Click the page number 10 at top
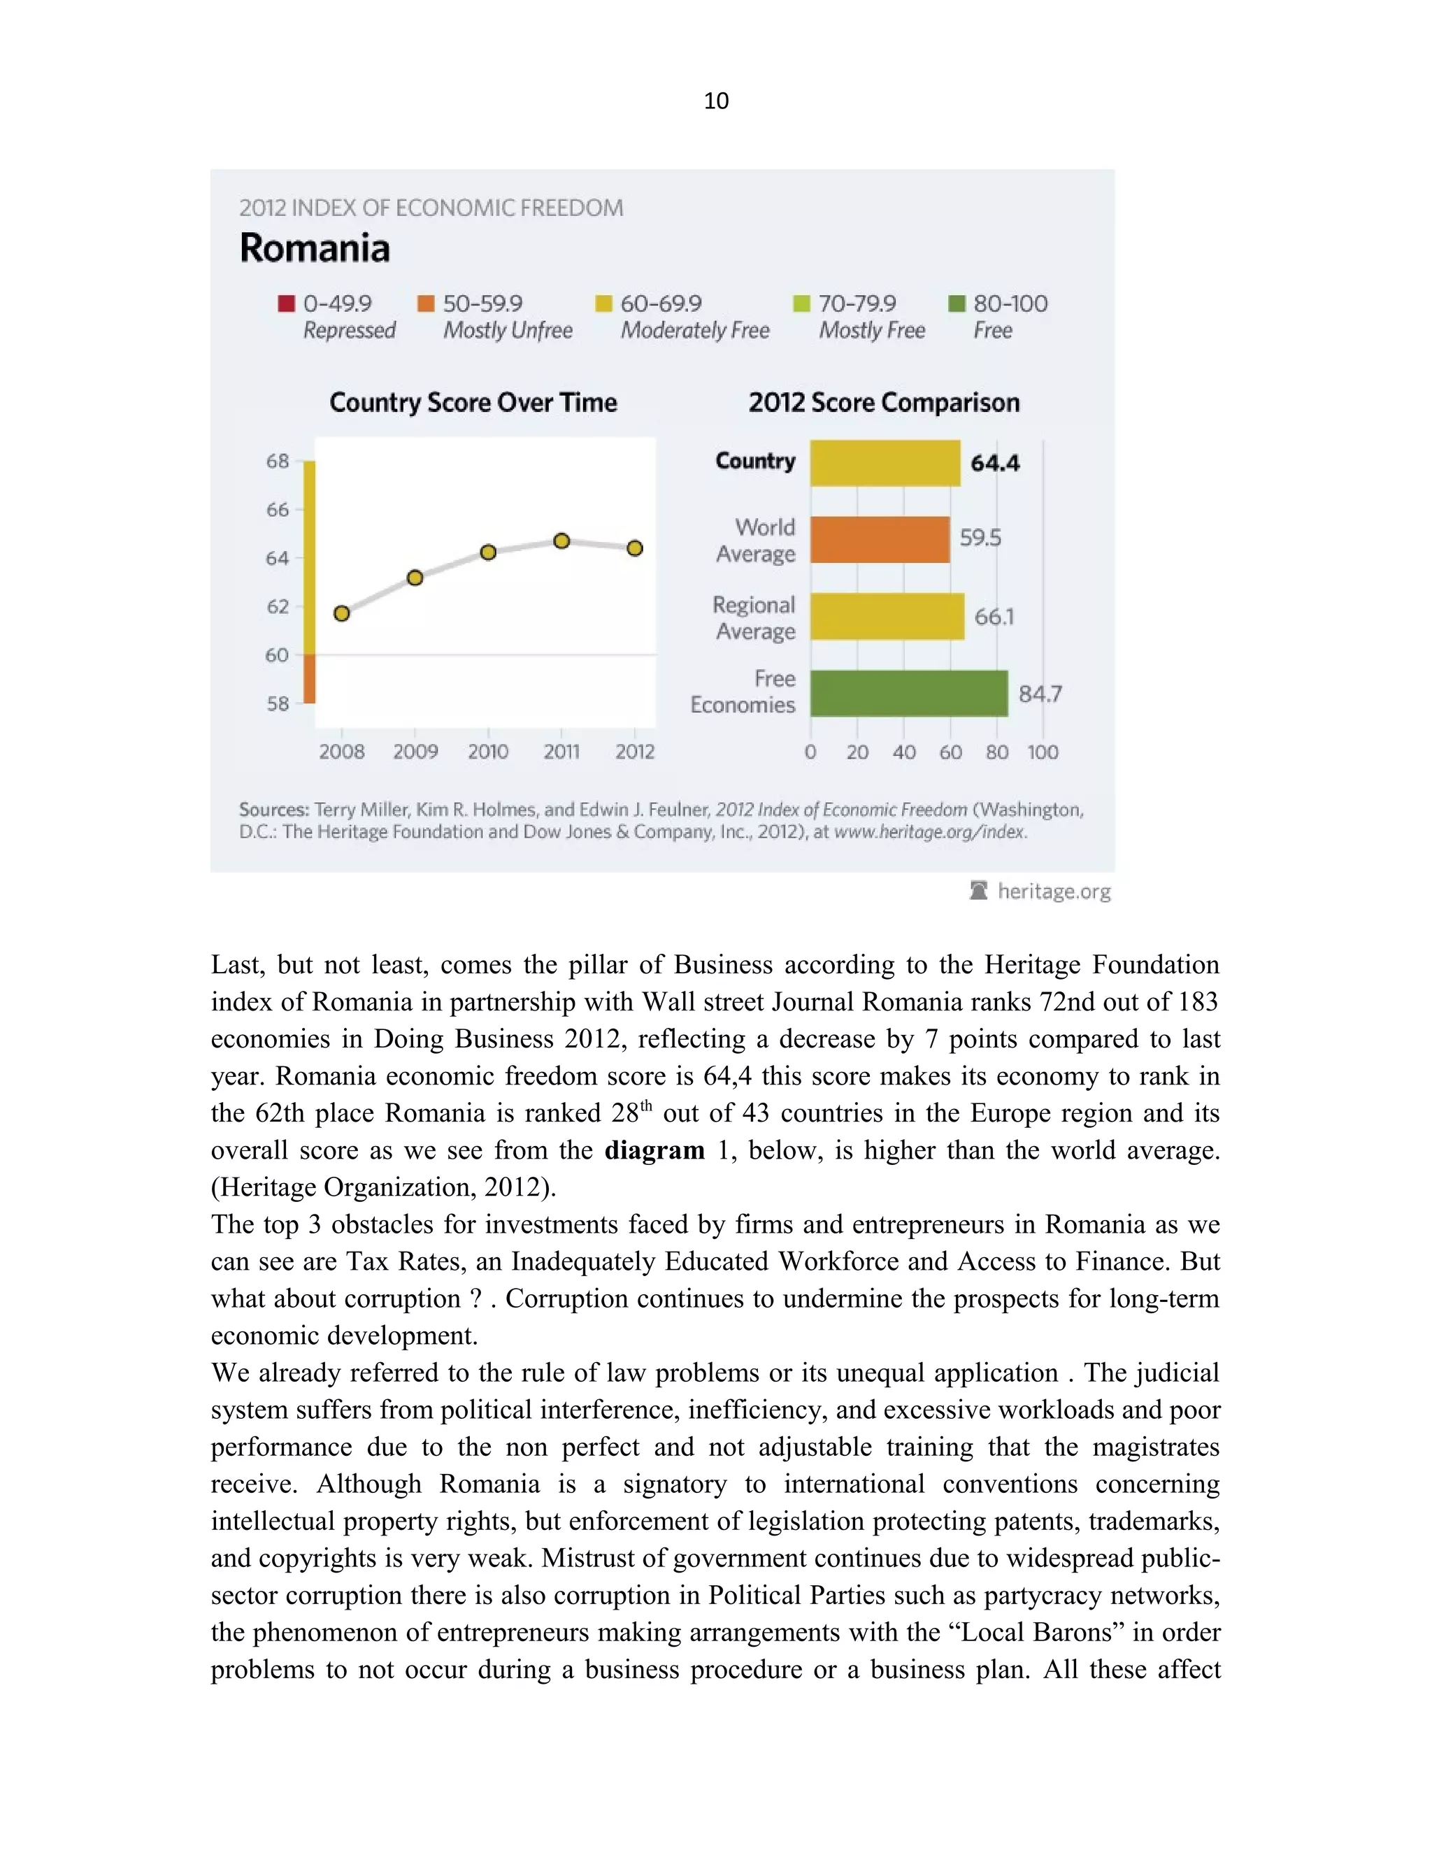coord(716,101)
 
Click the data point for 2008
coord(342,613)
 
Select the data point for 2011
coord(561,541)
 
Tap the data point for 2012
coord(635,549)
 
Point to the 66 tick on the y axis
coord(278,510)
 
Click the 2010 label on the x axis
coord(488,752)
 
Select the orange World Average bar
coord(879,540)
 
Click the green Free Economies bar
coord(908,693)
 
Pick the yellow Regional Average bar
coord(887,616)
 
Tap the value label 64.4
coord(995,463)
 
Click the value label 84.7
coord(1039,694)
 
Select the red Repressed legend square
coord(287,303)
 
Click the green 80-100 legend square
coord(956,303)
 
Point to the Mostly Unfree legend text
coord(508,331)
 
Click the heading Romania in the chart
coord(315,249)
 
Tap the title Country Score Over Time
coord(473,402)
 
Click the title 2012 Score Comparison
coord(883,402)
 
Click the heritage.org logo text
coord(1053,891)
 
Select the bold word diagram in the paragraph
coord(654,1150)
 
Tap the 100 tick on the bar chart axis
coord(1042,752)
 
